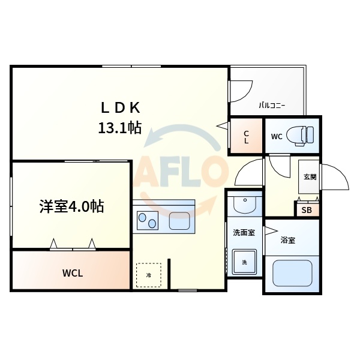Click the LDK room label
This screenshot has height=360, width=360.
click(119, 107)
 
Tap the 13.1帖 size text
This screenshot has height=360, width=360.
click(120, 127)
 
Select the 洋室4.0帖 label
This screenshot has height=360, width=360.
click(71, 207)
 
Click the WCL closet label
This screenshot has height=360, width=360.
click(73, 274)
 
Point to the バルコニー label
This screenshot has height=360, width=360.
click(272, 106)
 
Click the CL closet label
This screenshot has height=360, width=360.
click(246, 137)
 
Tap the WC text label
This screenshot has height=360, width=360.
click(276, 136)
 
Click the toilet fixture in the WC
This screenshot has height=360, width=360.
click(300, 135)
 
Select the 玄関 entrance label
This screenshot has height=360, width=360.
click(310, 177)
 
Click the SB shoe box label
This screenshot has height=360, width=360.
click(306, 210)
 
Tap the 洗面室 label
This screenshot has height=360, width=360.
click(244, 233)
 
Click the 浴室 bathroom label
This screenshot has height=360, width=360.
click(288, 241)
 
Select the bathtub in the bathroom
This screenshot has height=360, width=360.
click(292, 272)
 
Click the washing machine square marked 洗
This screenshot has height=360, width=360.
click(245, 262)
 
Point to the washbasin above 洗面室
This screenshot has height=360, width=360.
click(244, 205)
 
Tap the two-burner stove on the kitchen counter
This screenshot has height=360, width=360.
click(148, 220)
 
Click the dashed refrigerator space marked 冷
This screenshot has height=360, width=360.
click(148, 275)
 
